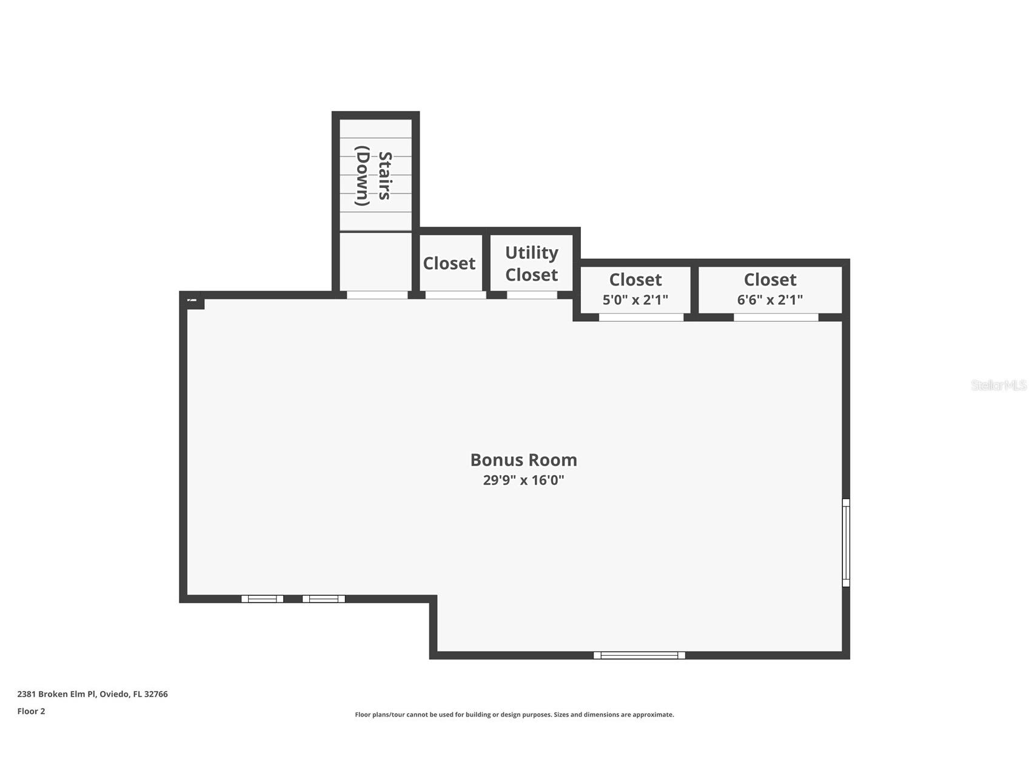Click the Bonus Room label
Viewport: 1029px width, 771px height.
(523, 460)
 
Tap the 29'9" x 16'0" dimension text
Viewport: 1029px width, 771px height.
(523, 481)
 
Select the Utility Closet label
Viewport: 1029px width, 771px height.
(531, 264)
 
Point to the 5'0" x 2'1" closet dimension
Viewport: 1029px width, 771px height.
(635, 299)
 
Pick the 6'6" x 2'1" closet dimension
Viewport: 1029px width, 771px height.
(769, 299)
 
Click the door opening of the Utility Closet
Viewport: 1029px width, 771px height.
(532, 295)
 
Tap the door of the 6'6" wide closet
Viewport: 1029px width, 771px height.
(776, 317)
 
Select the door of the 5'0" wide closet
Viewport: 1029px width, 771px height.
(641, 317)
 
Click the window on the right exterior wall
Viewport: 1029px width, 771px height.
(846, 542)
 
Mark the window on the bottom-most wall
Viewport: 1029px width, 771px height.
(639, 655)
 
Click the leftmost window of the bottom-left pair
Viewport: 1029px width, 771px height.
(262, 599)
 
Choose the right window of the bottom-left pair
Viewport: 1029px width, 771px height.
(323, 599)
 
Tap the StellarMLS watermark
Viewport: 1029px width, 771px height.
(998, 385)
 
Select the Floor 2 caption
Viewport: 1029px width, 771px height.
(31, 711)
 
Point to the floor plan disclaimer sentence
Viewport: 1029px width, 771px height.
(514, 715)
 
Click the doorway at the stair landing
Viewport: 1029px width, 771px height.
(377, 295)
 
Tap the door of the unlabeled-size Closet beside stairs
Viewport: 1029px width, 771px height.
(455, 295)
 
